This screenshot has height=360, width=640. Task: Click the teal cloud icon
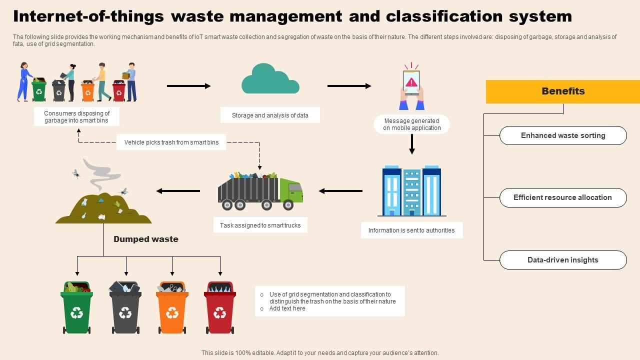coord(270,80)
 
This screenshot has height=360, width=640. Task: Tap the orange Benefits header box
coord(563,91)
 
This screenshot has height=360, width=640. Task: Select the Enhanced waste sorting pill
coord(563,135)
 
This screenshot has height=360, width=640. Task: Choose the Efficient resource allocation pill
coord(563,197)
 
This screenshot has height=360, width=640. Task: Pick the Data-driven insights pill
coord(563,260)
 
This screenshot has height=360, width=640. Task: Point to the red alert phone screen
coord(411,82)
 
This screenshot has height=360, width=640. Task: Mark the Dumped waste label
coord(146,239)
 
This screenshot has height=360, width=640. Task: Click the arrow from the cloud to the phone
coord(349,86)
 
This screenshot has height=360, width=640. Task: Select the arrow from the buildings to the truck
coord(340,191)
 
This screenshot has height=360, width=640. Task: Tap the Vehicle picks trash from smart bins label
coord(171,142)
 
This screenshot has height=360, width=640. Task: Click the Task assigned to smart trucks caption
coord(260,225)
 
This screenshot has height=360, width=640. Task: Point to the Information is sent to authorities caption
coord(411,230)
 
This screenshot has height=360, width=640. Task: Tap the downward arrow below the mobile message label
coord(412,144)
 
